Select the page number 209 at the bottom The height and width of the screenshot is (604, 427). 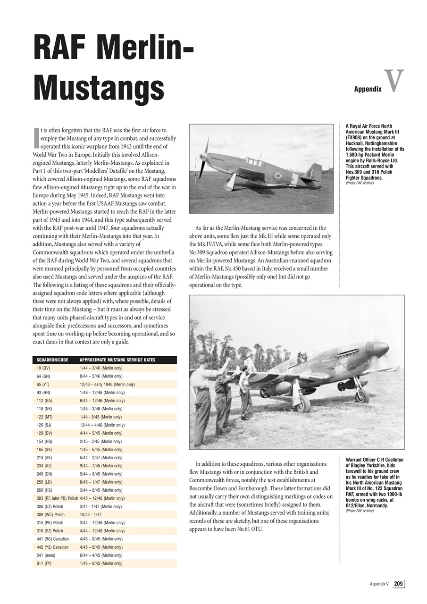[398, 584]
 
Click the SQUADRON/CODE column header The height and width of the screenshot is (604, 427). [52, 360]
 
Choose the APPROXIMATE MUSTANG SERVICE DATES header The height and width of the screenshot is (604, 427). [117, 360]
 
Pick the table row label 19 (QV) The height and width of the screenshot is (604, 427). [43, 368]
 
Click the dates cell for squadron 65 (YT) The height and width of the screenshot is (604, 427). [107, 385]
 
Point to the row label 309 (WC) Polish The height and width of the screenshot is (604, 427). [50, 515]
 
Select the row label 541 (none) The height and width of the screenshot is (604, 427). [46, 555]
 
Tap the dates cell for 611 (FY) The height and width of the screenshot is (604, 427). [101, 563]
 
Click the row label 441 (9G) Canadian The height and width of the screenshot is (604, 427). [52, 539]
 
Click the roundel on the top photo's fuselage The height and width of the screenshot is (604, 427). [278, 176]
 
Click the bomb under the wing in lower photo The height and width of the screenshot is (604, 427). [278, 388]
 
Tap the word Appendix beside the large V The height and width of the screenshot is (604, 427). [368, 89]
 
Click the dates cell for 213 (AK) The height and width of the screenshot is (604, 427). [101, 458]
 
